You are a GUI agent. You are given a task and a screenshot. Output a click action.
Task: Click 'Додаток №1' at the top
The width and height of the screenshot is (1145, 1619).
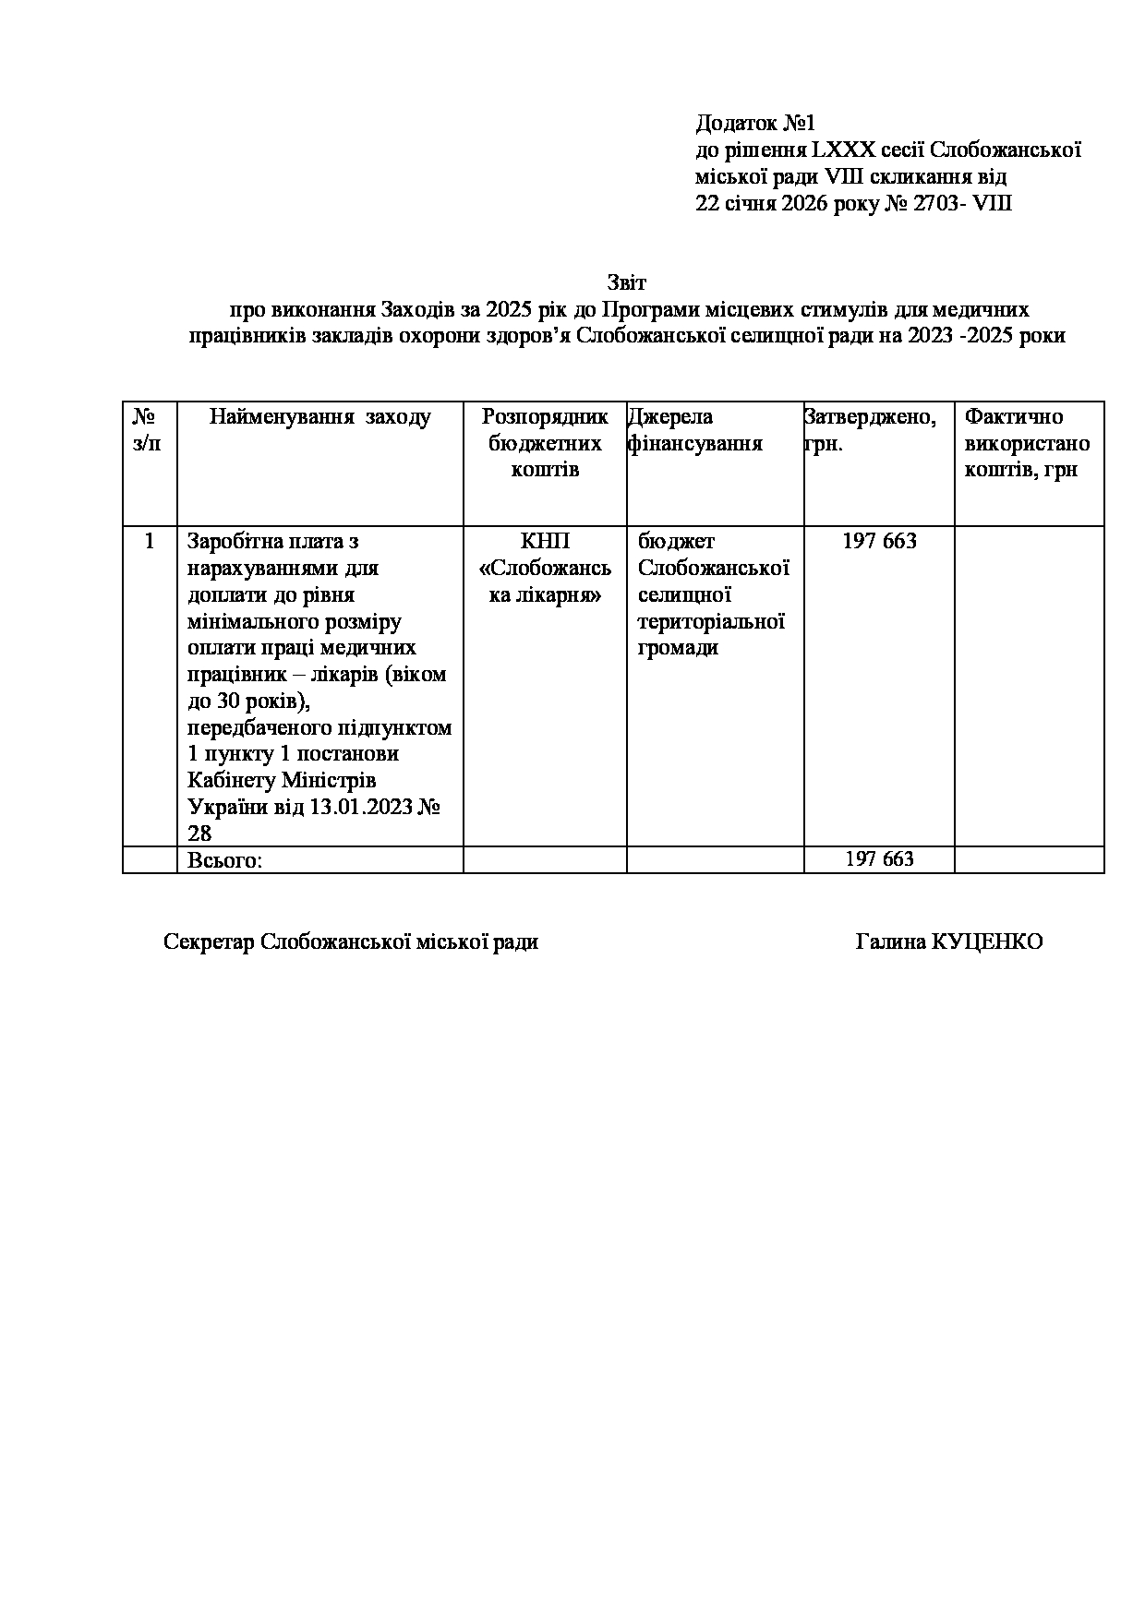point(755,123)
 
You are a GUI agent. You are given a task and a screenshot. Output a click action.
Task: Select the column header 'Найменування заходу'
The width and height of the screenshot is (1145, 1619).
point(319,417)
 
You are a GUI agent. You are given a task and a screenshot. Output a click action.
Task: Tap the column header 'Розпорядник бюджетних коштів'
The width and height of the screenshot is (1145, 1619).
point(545,443)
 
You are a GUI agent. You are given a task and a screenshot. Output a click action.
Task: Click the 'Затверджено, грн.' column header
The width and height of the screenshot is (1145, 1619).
point(869,430)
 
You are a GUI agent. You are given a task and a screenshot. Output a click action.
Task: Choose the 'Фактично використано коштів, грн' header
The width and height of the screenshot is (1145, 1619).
point(1027,443)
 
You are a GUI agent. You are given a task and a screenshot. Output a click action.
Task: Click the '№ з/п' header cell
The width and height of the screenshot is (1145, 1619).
point(149,430)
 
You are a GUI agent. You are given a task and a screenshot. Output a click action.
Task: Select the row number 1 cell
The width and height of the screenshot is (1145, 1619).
point(150,541)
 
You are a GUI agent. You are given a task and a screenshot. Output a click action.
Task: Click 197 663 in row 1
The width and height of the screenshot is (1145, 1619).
point(879,541)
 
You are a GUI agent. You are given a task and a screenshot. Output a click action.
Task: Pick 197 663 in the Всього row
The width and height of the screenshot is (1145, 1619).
point(879,859)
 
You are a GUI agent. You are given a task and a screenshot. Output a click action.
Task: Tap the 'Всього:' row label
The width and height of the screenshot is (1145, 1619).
point(225,860)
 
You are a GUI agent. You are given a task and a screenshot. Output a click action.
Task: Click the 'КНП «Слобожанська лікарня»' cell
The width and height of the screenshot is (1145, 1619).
point(545,568)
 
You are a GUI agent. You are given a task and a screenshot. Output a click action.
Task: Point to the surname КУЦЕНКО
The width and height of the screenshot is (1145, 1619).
point(987,941)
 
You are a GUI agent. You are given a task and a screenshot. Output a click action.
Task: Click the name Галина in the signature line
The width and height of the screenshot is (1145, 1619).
point(890,941)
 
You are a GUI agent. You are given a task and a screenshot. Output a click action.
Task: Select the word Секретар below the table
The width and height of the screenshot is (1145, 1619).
point(209,941)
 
